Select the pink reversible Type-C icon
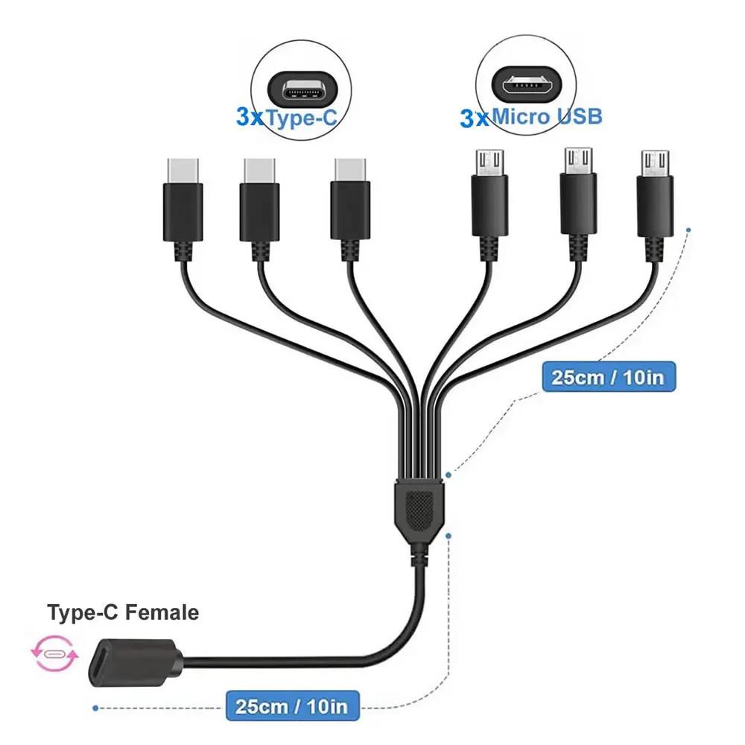[54, 654]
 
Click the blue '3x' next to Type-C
[250, 116]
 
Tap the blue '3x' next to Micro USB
[474, 118]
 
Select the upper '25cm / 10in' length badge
[609, 377]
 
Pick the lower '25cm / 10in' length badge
[292, 706]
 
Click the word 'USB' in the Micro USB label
[579, 116]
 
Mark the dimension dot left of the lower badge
[95, 708]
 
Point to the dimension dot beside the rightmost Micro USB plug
[688, 230]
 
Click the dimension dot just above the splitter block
[448, 475]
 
